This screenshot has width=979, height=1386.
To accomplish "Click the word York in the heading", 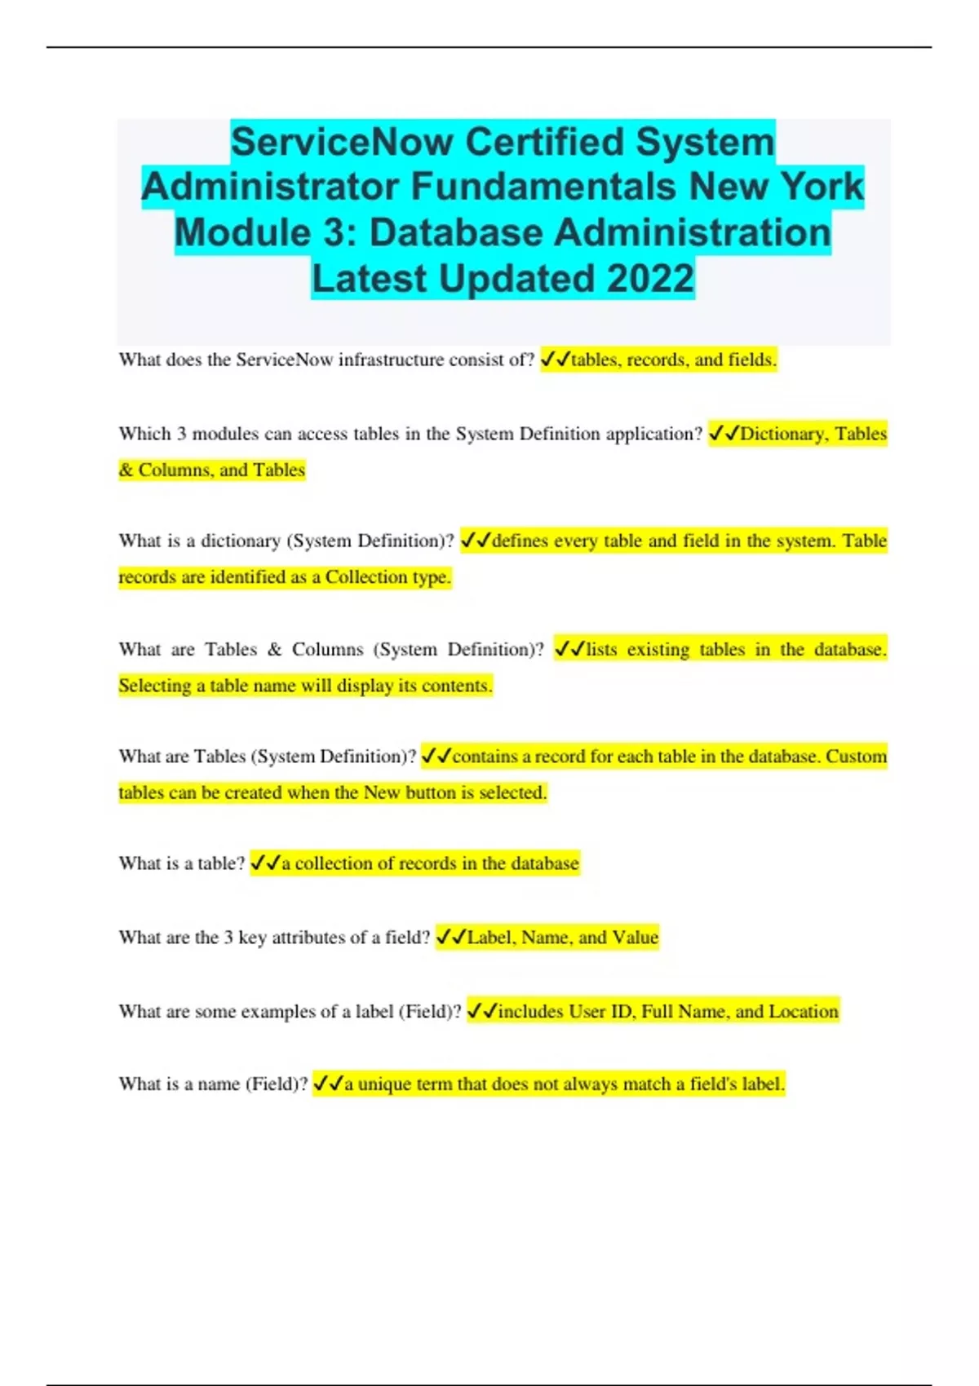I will (822, 187).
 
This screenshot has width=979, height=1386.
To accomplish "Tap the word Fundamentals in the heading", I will (543, 187).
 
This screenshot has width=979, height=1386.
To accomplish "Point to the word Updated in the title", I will (517, 278).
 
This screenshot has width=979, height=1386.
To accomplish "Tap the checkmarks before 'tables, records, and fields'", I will (555, 360).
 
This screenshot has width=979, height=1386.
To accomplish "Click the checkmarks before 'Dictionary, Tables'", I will (724, 434).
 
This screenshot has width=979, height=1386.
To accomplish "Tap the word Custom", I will (856, 757).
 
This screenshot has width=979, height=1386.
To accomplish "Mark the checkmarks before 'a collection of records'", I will (265, 863).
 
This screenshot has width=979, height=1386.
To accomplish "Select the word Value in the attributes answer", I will (635, 938).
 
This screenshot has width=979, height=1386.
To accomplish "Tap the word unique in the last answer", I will (384, 1084).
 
